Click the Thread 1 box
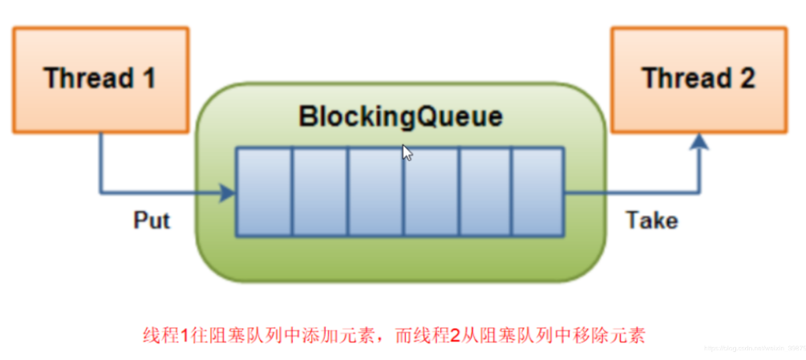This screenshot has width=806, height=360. [x=99, y=79]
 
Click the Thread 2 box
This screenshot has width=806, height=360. [x=698, y=79]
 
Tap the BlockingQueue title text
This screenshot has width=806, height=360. [x=400, y=117]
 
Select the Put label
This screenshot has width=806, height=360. [x=152, y=220]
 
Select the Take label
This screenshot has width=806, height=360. [x=651, y=220]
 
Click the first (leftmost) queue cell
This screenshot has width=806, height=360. [x=263, y=192]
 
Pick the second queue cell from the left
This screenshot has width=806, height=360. [x=318, y=192]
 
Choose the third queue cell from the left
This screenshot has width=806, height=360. [x=375, y=192]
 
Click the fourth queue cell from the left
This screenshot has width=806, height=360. [x=430, y=192]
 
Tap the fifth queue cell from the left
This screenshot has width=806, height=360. [x=484, y=192]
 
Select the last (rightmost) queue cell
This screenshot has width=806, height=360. [x=537, y=192]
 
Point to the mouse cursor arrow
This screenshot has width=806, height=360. [x=407, y=153]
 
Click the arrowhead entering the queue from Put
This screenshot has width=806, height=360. [x=228, y=192]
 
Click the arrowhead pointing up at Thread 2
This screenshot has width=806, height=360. [x=699, y=142]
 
